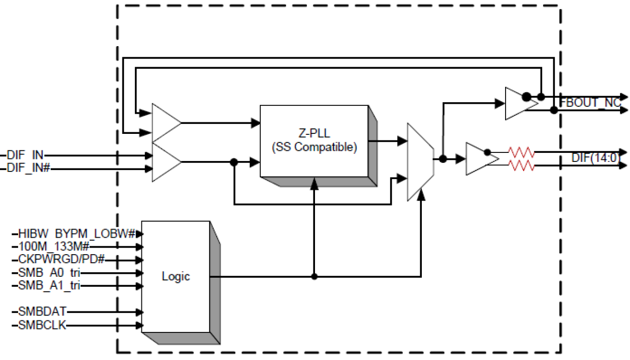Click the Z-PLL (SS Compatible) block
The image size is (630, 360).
click(314, 141)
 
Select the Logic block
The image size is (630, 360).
click(176, 277)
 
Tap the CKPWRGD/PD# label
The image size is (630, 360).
click(61, 260)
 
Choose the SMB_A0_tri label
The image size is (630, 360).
click(49, 273)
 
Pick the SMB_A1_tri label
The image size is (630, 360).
click(49, 286)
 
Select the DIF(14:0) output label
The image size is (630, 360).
click(596, 158)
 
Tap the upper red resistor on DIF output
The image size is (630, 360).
click(522, 151)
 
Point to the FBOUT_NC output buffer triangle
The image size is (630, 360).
click(520, 103)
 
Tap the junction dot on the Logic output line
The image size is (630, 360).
click(314, 276)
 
